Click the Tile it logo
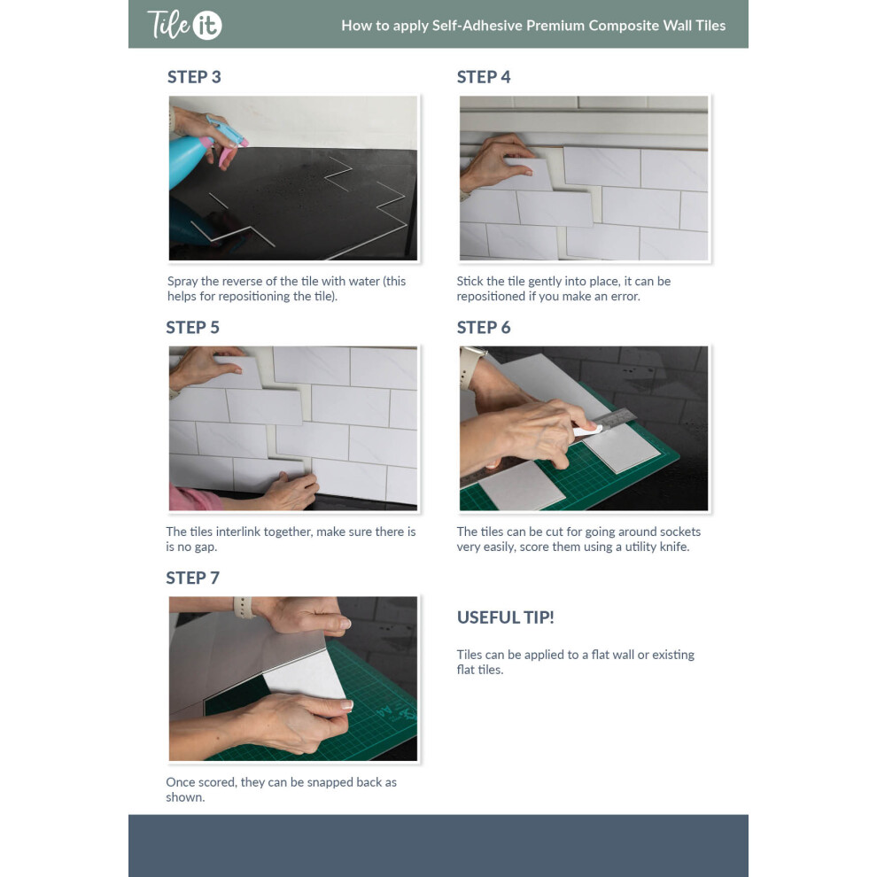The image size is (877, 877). pos(184,25)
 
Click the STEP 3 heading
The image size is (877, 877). pos(194,77)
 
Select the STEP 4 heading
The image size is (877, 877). pos(484,77)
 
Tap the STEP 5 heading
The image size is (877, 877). pos(192,328)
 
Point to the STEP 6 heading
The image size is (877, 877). pos(484,328)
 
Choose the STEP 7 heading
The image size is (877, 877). pos(192,578)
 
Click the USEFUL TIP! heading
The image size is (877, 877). pos(505,617)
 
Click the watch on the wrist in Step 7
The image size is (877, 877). pos(243,608)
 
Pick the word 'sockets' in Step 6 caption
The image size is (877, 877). pos(680,532)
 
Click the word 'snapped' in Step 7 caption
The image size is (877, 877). pos(330,783)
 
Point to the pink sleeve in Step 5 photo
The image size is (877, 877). pos(193,499)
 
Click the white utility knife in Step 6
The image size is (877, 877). pos(587,431)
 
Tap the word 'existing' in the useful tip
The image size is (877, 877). pos(673,656)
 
